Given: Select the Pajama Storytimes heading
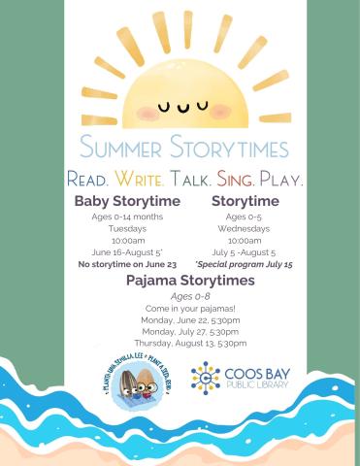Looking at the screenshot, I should click(190, 281).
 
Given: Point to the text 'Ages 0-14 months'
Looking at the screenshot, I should click(127, 217).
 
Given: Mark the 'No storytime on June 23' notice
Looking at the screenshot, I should click(127, 264).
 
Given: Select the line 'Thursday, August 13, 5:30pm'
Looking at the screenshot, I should click(190, 343).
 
